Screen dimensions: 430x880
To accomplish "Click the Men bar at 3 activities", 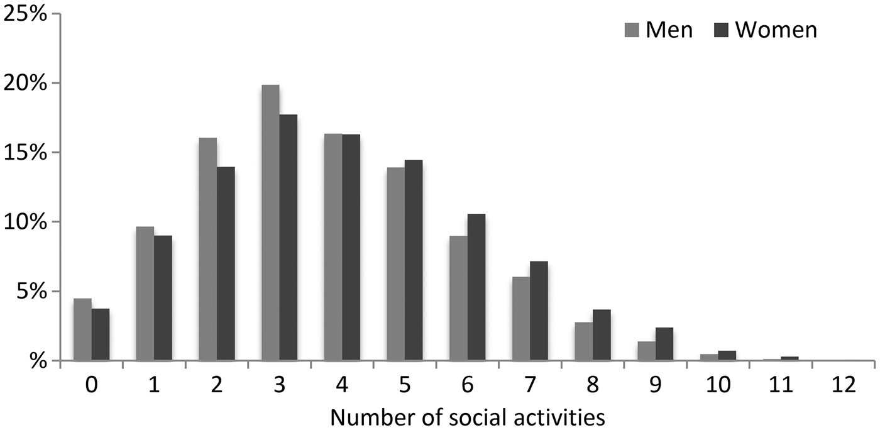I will [270, 223].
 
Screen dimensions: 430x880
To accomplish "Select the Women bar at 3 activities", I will [289, 238].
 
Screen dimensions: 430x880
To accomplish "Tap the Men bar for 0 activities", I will [82, 329].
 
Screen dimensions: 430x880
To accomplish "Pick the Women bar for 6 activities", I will [476, 287].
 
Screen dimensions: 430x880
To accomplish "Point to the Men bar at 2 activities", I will [208, 249].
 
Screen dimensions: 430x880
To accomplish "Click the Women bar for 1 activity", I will [163, 298].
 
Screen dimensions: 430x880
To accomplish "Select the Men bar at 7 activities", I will [521, 319].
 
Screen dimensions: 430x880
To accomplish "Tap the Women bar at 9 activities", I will [664, 344].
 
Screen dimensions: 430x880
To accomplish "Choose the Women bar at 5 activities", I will [414, 260].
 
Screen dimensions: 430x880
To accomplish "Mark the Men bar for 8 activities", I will [583, 341].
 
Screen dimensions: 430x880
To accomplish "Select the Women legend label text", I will [777, 30].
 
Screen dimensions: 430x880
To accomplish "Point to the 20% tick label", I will [25, 83].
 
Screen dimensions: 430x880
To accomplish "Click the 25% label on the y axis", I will [25, 14].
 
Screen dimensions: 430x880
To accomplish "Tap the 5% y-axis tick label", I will [30, 292].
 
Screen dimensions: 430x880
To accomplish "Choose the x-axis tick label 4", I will [342, 385].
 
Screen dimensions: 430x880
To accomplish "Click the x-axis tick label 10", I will [718, 385].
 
